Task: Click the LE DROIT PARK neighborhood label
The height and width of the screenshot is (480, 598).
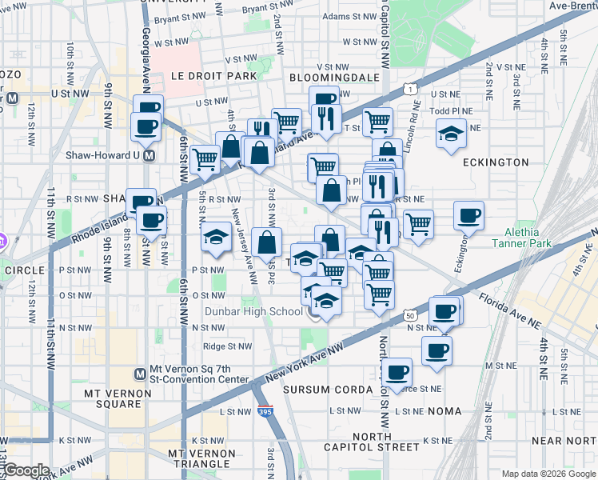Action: (x=213, y=76)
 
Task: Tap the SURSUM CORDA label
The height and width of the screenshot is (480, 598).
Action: (x=328, y=390)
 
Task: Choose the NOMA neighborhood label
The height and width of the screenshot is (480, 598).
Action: (x=445, y=410)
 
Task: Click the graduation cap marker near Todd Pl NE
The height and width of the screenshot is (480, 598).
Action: (x=452, y=133)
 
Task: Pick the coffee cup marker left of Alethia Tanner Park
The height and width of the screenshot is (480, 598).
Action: (x=468, y=214)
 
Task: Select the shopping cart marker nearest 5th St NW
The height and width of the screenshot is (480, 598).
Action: (x=205, y=159)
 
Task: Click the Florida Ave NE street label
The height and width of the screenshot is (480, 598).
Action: (x=508, y=310)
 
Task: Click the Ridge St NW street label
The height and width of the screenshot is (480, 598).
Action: (x=228, y=346)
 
